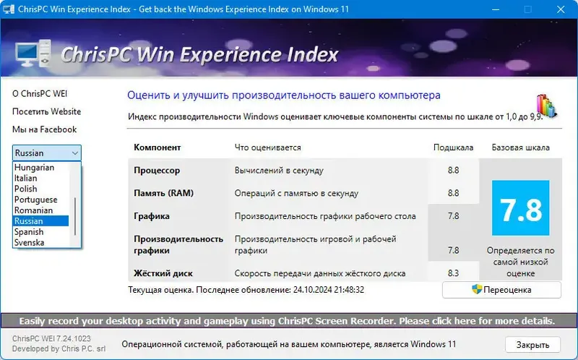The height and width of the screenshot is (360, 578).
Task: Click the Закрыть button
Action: [532, 345]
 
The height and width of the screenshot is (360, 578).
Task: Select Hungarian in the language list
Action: [34, 167]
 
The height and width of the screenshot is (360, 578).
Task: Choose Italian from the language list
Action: [26, 178]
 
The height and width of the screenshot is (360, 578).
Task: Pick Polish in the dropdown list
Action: [26, 189]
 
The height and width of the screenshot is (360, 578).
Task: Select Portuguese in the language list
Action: [35, 200]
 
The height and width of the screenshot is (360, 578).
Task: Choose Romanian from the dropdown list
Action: [33, 210]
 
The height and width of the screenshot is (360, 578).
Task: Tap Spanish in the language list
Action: [29, 232]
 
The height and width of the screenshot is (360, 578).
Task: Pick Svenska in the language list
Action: [29, 243]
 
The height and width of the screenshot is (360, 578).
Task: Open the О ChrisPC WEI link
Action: [40, 94]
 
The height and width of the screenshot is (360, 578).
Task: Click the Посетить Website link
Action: [46, 112]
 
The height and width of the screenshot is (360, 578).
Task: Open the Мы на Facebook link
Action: [44, 129]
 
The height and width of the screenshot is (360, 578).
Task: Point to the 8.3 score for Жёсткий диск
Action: [454, 273]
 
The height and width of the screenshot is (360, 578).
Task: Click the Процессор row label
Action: [157, 171]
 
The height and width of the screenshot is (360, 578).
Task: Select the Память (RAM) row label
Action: [163, 193]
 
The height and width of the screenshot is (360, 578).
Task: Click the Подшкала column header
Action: [453, 147]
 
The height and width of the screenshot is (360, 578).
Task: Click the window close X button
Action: [561, 10]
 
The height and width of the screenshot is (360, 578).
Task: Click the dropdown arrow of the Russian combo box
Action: [75, 153]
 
